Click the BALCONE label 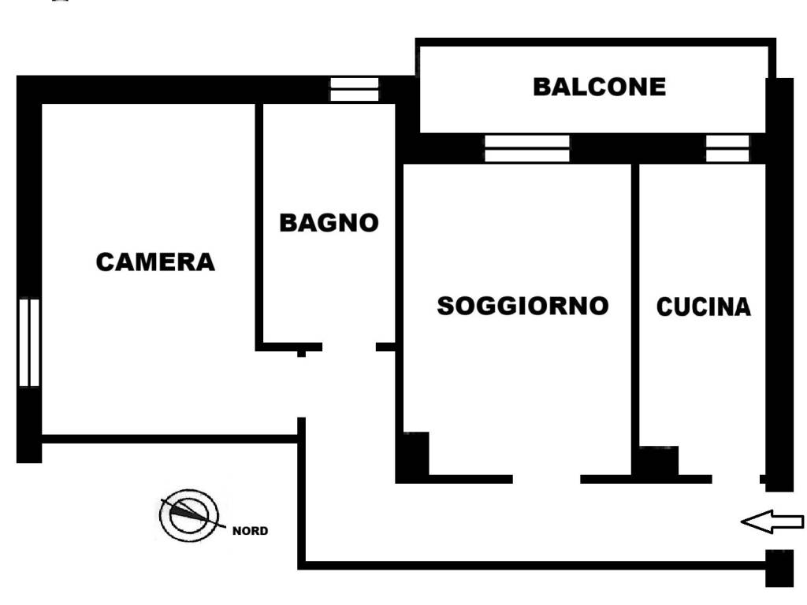(599, 87)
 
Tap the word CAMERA (155, 262)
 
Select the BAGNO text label (329, 223)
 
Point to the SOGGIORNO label (523, 306)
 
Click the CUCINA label (703, 307)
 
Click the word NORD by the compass (250, 531)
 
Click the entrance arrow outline (772, 521)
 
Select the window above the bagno (354, 89)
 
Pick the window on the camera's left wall (29, 343)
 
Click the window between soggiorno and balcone (526, 148)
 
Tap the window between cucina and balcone (727, 148)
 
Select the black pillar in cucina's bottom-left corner (656, 462)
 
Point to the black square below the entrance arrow (779, 568)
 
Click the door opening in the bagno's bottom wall (349, 347)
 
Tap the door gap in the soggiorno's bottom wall (546, 479)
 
